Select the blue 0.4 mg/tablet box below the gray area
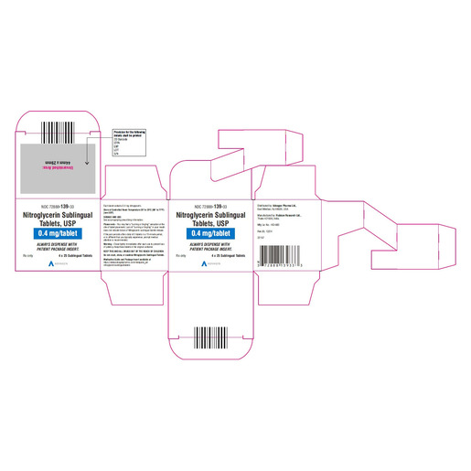click(x=56, y=233)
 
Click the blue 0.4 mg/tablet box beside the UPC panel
click(x=217, y=233)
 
